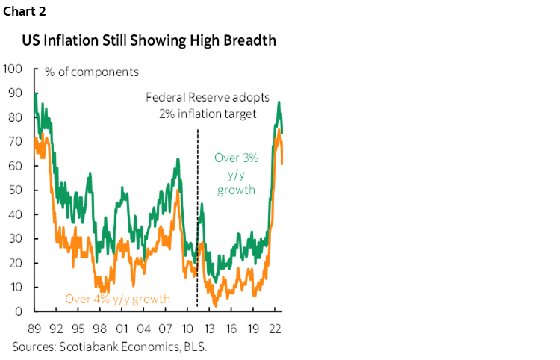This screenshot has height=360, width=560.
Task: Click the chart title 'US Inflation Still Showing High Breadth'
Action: pyautogui.click(x=149, y=40)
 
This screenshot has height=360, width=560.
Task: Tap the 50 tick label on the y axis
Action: pyautogui.click(x=15, y=190)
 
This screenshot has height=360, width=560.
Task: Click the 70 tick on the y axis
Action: pyautogui.click(x=15, y=142)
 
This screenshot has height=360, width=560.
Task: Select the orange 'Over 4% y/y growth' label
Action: pyautogui.click(x=117, y=299)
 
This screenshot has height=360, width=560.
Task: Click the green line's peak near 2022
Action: pyautogui.click(x=279, y=102)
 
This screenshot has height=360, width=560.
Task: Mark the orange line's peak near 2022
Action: pyautogui.click(x=279, y=131)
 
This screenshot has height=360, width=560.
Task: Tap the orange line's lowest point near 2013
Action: pyautogui.click(x=215, y=305)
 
